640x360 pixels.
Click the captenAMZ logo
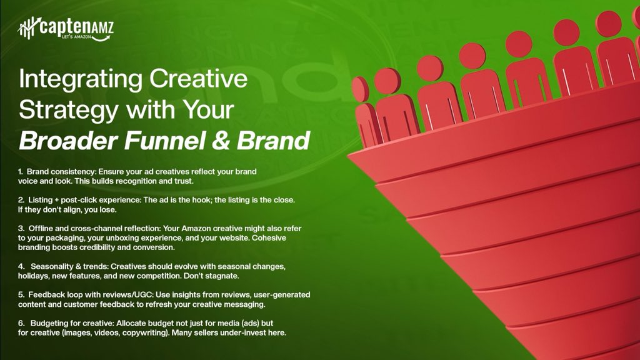[x=65, y=28]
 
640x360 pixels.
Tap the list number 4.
[x=21, y=266]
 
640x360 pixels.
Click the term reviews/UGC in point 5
[x=123, y=294]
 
